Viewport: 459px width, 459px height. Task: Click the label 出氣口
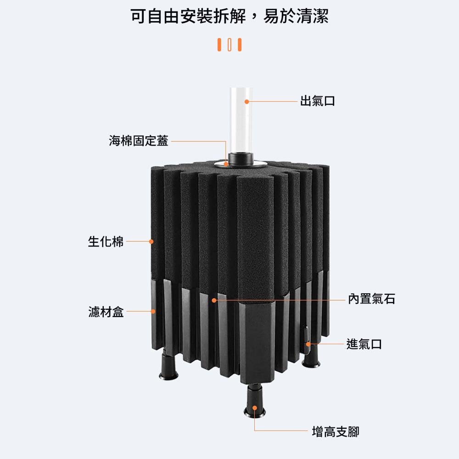[x=317, y=101]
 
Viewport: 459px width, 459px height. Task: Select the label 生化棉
[x=106, y=241]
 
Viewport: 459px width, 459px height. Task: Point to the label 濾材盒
[x=106, y=312]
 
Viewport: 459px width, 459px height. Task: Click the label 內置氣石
[x=371, y=299]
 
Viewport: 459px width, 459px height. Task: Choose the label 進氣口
[x=364, y=343]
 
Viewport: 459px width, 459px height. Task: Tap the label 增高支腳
[x=335, y=431]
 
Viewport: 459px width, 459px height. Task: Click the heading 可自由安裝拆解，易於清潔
[x=229, y=17]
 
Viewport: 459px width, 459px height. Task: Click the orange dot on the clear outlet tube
[x=246, y=101]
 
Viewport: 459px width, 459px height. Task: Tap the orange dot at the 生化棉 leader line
[x=151, y=241]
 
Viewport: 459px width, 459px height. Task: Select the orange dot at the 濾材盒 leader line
[x=154, y=312]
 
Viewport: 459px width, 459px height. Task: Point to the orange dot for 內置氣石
[x=214, y=300]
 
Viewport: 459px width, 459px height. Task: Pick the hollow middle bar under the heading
[x=229, y=45]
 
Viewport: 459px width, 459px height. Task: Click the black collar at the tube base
[x=240, y=160]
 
